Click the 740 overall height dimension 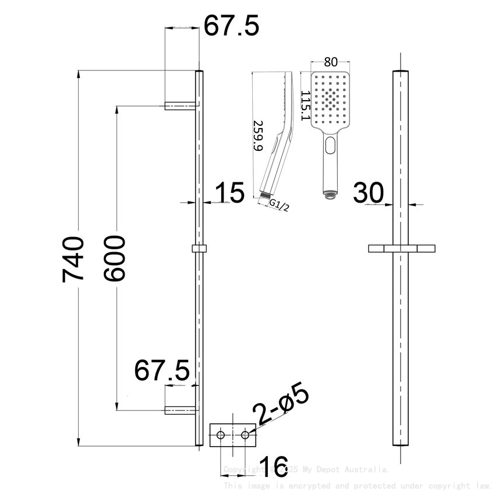tap(74, 259)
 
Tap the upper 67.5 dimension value tap(231, 27)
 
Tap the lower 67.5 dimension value tap(162, 370)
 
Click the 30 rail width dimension tap(370, 193)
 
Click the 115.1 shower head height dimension tap(305, 105)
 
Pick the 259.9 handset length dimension tap(258, 136)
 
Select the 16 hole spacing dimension tap(273, 467)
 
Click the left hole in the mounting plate tap(221, 435)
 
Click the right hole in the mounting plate tap(245, 435)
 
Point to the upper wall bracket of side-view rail tap(179, 105)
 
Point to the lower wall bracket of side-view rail tap(179, 409)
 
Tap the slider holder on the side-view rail tap(199, 249)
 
